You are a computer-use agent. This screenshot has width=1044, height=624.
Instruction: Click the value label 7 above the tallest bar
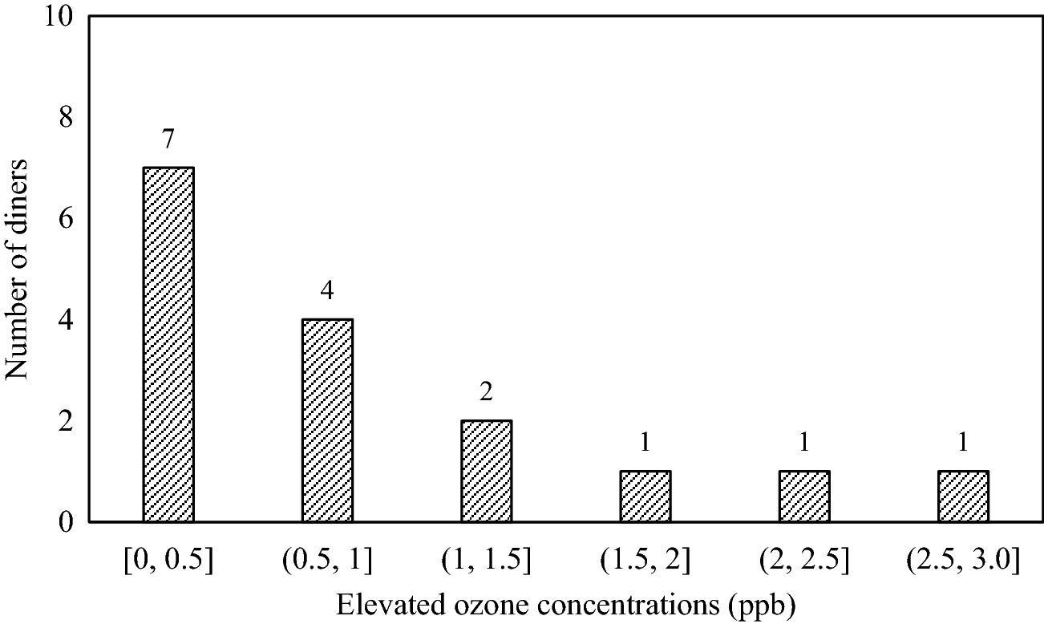168,140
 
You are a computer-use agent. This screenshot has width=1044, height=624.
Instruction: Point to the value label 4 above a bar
327,290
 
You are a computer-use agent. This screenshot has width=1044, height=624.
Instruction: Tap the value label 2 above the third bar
486,392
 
